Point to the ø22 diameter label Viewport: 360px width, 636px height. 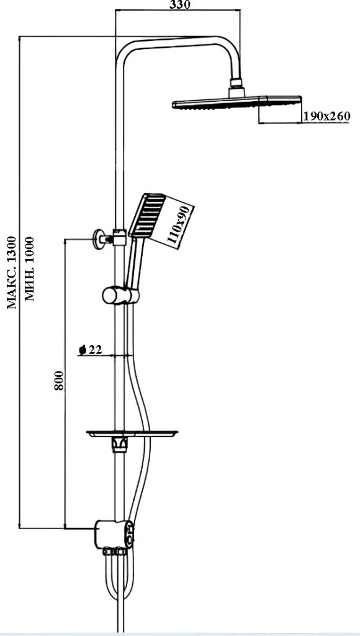coord(91,350)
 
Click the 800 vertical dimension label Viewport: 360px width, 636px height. coord(59,380)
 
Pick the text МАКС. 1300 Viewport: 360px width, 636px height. coord(12,273)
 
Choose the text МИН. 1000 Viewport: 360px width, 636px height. coord(30,269)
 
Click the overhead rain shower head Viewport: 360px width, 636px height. coord(237,102)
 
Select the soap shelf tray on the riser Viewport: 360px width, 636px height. coord(132,434)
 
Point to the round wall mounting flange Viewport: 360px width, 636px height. coord(97,239)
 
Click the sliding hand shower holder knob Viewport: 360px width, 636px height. coord(120,295)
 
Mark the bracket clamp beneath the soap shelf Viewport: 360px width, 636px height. coord(120,444)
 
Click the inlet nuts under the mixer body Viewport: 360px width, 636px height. coord(114,552)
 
